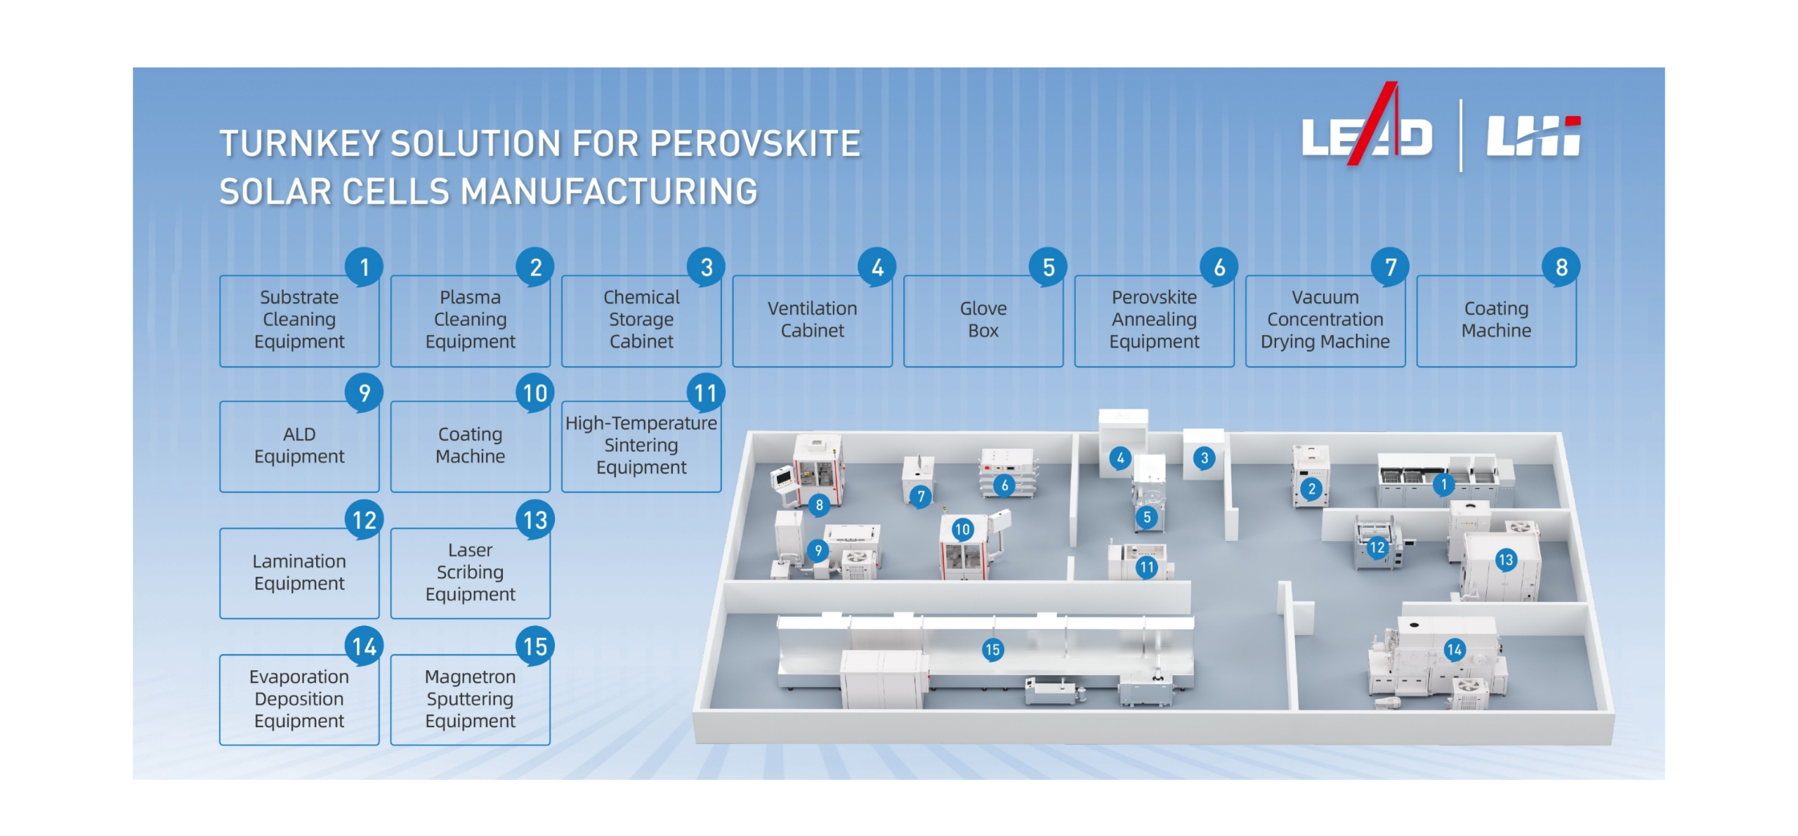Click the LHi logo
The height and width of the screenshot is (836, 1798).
(1533, 136)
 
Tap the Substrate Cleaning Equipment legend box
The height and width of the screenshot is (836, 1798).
(299, 320)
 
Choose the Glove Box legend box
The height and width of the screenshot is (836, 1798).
(983, 320)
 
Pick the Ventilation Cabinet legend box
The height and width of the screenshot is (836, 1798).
(813, 320)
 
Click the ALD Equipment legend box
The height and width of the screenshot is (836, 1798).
(299, 446)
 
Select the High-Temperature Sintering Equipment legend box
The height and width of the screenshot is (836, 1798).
(641, 446)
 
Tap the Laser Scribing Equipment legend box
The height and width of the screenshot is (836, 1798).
(470, 573)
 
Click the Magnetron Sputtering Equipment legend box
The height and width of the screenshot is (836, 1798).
(470, 699)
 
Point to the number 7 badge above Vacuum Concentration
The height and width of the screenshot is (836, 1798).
(1390, 267)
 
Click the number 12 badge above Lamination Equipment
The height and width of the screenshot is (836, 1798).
(364, 520)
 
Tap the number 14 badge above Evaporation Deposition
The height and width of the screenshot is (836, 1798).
(364, 646)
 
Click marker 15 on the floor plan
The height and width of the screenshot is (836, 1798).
(992, 650)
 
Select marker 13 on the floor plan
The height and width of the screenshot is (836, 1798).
(1505, 560)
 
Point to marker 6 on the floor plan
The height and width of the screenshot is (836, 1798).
(1004, 485)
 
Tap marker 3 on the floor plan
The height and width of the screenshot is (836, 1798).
(1205, 459)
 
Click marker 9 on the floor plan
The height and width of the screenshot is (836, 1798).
(818, 551)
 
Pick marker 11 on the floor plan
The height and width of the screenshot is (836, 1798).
(1147, 567)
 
